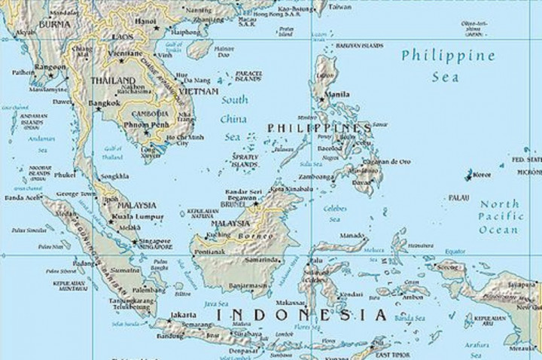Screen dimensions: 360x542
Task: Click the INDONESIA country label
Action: [301, 314]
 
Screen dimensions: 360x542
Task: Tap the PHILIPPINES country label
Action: [319, 128]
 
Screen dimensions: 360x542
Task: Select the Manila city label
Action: [339, 94]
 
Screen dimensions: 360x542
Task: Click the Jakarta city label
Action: [184, 315]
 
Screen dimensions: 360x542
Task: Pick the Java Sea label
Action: [217, 304]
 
